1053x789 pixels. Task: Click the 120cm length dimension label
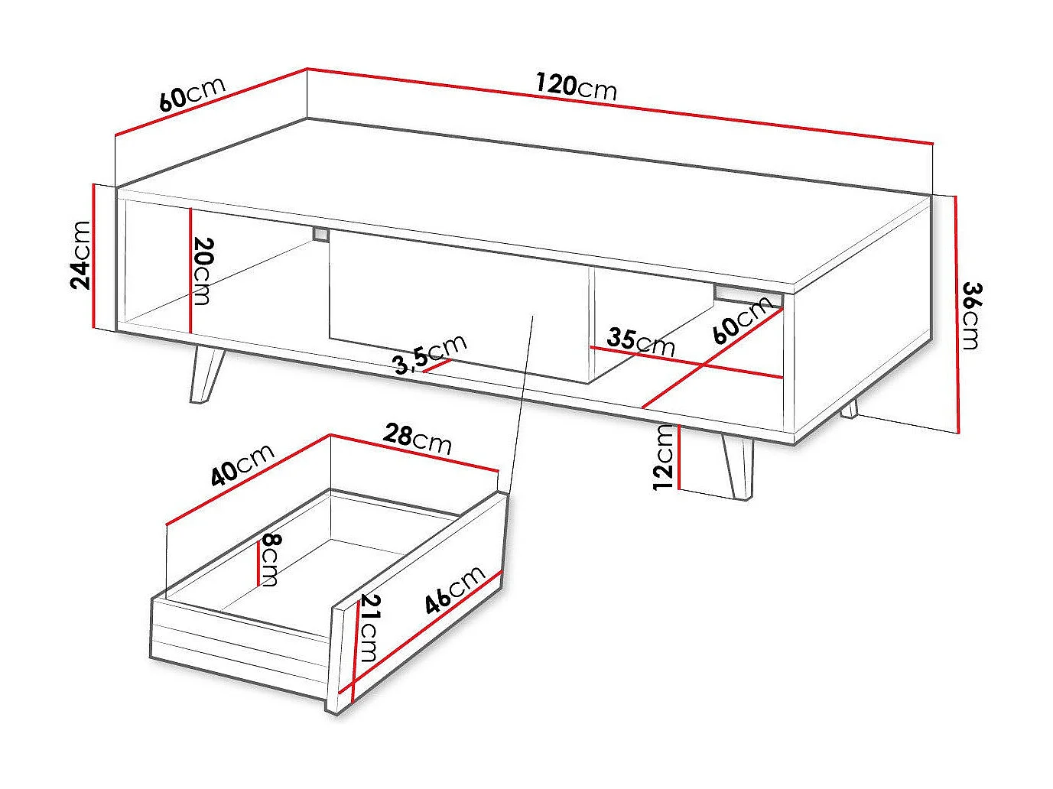(x=576, y=86)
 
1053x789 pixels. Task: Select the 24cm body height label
(x=80, y=255)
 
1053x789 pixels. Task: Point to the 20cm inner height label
(x=202, y=271)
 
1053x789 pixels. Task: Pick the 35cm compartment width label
(x=641, y=341)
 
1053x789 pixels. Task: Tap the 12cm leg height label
(x=665, y=456)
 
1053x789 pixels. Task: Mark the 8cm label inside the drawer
(x=270, y=560)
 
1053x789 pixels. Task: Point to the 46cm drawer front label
(x=456, y=589)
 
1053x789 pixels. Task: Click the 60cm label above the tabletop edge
(x=192, y=93)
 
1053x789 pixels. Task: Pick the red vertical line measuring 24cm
(x=93, y=256)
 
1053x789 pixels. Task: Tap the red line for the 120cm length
(x=619, y=106)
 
